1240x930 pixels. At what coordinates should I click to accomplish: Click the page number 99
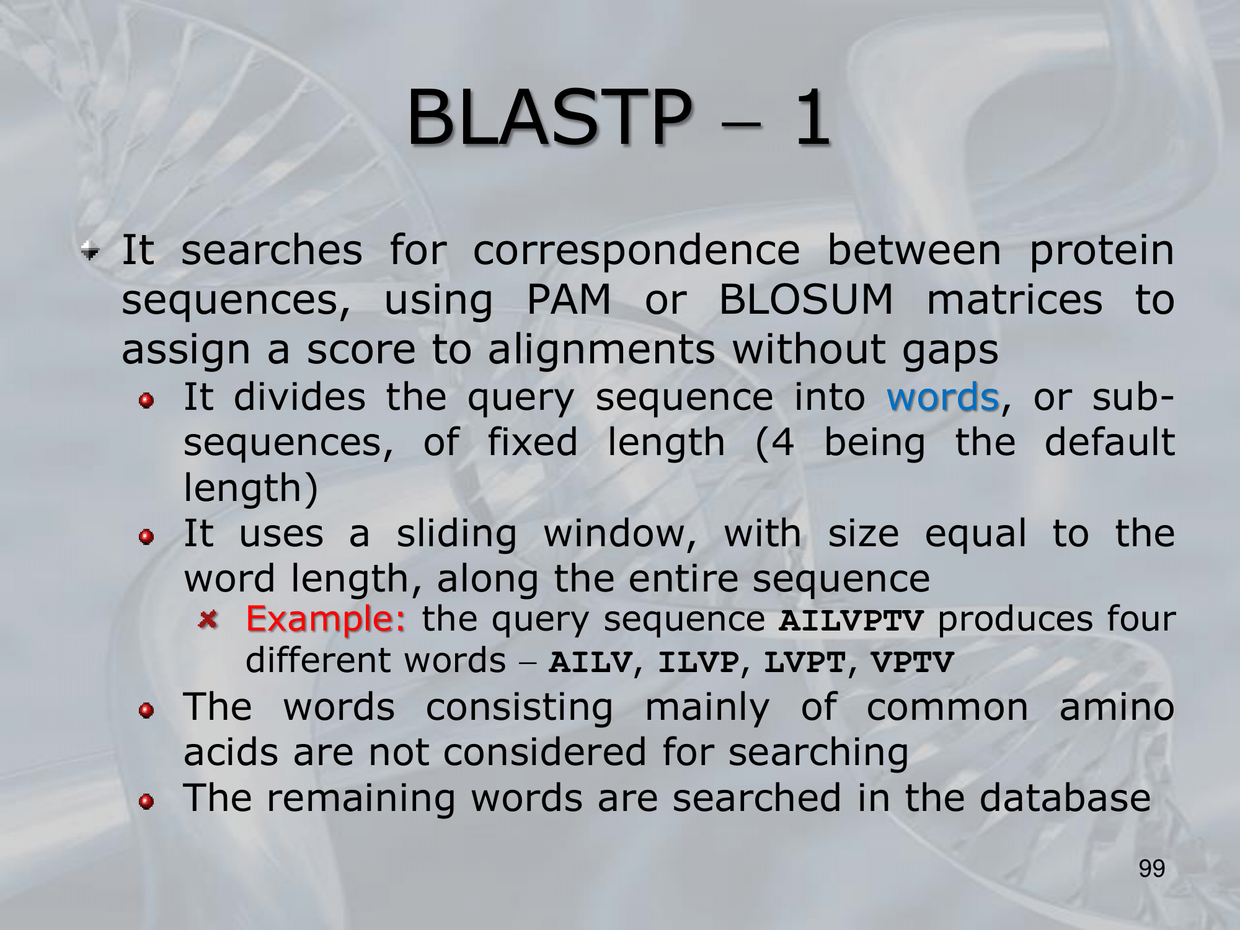(x=1152, y=869)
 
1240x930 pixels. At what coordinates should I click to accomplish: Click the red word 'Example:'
(x=326, y=618)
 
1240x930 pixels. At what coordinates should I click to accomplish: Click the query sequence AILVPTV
(x=851, y=621)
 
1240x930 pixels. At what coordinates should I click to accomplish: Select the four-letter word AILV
(x=590, y=662)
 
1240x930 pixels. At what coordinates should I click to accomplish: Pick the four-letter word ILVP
(x=699, y=662)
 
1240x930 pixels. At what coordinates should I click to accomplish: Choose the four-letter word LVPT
(x=805, y=662)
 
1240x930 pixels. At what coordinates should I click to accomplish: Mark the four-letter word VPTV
(x=912, y=662)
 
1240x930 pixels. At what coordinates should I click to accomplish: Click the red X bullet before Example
(x=208, y=619)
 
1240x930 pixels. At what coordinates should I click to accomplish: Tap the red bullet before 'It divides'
(x=146, y=401)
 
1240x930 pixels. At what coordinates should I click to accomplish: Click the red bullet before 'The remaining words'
(x=146, y=802)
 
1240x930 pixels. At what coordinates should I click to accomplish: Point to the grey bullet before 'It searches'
(x=90, y=251)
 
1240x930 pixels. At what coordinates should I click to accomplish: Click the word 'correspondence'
(x=637, y=250)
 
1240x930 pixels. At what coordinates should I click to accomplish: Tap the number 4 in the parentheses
(x=784, y=443)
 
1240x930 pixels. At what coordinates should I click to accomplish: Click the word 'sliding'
(x=456, y=534)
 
